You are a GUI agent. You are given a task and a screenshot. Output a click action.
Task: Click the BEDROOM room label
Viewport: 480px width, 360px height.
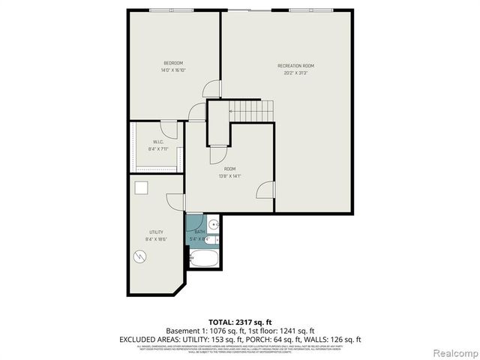[173, 62]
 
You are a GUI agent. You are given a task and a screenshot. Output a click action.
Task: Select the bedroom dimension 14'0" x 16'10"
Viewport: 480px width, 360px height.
[173, 70]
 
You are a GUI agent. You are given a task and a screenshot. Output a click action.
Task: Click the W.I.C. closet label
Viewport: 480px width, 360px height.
[158, 142]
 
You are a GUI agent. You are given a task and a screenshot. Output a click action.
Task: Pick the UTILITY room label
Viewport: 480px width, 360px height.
[156, 232]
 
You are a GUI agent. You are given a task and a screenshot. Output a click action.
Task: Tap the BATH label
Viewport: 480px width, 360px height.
[199, 232]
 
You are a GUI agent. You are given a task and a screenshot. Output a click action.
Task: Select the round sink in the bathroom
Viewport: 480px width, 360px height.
[213, 224]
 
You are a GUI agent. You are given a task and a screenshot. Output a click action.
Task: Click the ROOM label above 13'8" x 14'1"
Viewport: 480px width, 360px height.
[229, 169]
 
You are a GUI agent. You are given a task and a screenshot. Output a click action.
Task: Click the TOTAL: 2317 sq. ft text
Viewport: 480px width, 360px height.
[240, 321]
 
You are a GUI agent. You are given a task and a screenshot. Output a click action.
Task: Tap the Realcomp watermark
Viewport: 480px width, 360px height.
[453, 352]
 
